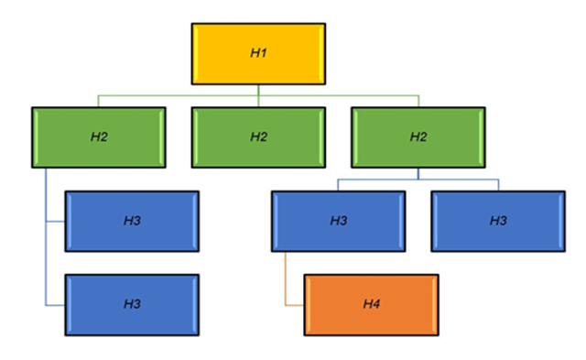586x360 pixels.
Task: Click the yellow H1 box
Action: (258, 53)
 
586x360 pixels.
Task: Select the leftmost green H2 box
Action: (98, 137)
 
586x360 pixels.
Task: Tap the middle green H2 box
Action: (258, 137)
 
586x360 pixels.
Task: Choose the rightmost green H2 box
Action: (418, 137)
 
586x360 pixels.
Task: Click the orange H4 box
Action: (371, 304)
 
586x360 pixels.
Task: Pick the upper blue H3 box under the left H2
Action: (132, 221)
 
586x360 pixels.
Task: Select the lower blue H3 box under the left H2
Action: (132, 304)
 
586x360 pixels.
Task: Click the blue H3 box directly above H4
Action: (338, 221)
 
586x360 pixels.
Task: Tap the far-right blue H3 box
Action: (498, 221)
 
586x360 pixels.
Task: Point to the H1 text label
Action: (258, 53)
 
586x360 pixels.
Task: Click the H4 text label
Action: (371, 304)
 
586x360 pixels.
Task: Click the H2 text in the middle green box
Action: (258, 137)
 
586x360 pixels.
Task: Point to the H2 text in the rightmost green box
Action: (418, 137)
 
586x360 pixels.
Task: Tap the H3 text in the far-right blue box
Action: (498, 221)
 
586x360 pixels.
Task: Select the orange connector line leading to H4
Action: (287, 279)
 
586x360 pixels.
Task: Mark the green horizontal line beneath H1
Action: (183, 95)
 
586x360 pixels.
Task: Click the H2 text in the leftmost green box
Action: (98, 137)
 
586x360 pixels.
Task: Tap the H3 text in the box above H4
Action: (338, 221)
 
